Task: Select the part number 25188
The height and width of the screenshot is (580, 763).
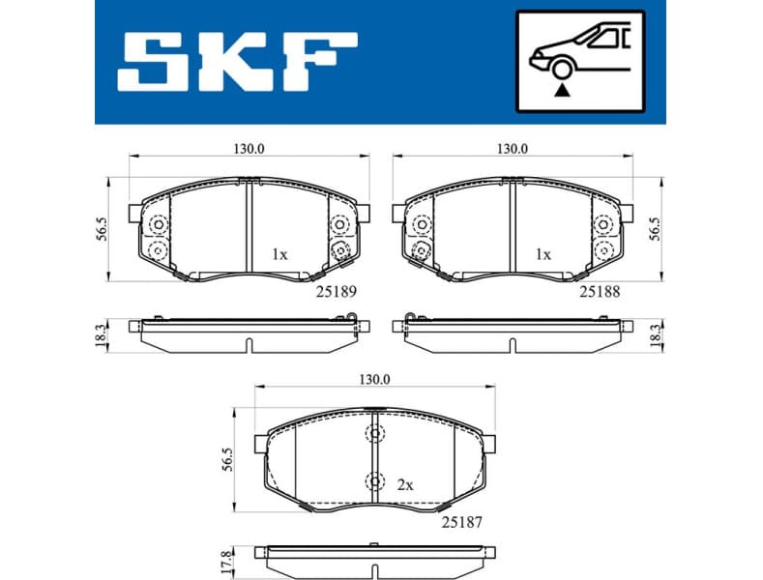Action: [x=599, y=289]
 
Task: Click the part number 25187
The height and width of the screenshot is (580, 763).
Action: [x=462, y=522]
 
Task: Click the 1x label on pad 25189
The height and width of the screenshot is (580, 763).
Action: [x=279, y=255]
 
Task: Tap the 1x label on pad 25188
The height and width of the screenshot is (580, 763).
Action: [x=543, y=255]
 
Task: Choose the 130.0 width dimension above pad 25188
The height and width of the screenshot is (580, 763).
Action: [x=512, y=148]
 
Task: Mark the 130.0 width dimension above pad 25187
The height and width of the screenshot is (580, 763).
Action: [x=372, y=380]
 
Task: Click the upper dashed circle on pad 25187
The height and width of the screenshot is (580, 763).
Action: [x=374, y=433]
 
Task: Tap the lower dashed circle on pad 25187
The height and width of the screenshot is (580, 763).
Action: [x=374, y=481]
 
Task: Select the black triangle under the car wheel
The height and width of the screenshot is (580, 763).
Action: [x=559, y=90]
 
